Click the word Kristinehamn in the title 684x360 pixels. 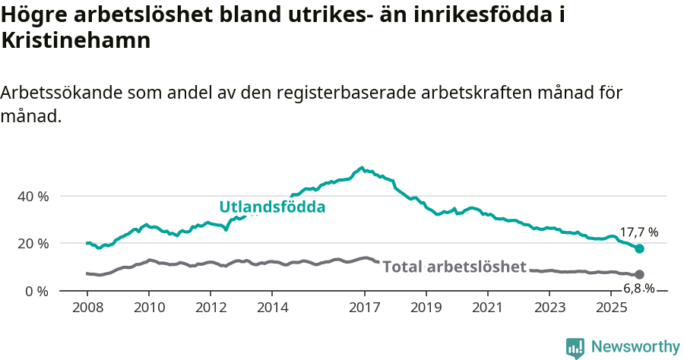(75, 40)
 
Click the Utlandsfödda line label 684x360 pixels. (272, 207)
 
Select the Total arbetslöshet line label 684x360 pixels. (454, 267)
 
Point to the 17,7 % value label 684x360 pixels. (638, 232)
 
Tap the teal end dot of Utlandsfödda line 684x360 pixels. (639, 248)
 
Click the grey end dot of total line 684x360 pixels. (639, 274)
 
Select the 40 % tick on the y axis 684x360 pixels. (33, 196)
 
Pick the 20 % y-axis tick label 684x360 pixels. (33, 244)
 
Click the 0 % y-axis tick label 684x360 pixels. (36, 291)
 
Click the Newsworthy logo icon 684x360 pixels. (575, 347)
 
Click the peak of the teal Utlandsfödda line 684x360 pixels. (362, 168)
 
